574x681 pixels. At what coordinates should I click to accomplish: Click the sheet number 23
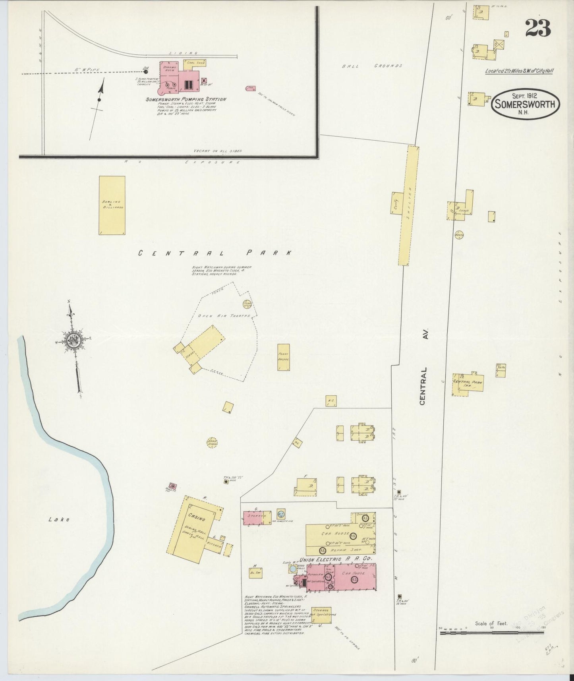pyautogui.click(x=538, y=27)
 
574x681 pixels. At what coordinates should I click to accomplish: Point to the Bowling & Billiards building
pyautogui.click(x=112, y=205)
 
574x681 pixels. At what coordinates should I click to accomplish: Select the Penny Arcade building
pyautogui.click(x=283, y=357)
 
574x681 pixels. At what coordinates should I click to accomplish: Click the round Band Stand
pyautogui.click(x=212, y=442)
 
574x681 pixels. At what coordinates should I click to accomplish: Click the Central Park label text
pyautogui.click(x=215, y=253)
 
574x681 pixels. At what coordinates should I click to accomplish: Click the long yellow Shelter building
pyautogui.click(x=408, y=205)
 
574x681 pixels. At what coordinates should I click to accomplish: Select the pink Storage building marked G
pyautogui.click(x=257, y=517)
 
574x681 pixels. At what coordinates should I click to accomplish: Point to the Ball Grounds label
pyautogui.click(x=372, y=66)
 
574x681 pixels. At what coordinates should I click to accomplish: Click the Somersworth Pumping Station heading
pyautogui.click(x=186, y=99)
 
